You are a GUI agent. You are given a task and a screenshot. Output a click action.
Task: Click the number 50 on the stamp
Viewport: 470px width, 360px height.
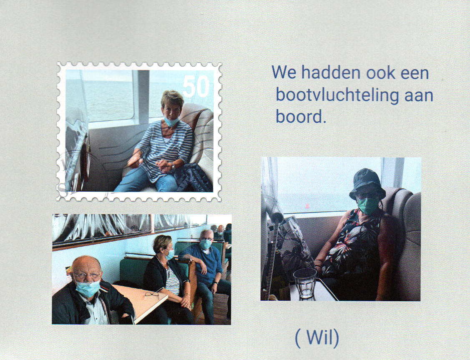(x=196, y=86)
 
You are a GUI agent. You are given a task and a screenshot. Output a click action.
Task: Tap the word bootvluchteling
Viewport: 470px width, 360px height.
(x=337, y=95)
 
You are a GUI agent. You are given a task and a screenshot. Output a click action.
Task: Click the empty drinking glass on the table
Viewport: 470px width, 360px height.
(x=305, y=283)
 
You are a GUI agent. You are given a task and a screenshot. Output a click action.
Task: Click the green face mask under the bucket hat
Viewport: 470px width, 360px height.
(x=367, y=205)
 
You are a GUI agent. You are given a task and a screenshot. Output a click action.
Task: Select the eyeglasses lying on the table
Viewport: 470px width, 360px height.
(x=152, y=294)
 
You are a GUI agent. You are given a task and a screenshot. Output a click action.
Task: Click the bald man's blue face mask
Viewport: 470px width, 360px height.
(x=88, y=288)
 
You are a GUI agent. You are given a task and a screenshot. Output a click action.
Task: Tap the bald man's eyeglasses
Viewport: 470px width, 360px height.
(x=87, y=275)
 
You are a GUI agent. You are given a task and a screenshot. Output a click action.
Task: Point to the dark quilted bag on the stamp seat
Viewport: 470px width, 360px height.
(x=194, y=177)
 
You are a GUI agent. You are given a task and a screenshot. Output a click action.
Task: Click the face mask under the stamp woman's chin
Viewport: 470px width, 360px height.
(x=171, y=121)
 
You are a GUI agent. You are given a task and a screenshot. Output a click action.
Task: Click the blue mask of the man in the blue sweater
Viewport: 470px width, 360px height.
(x=205, y=244)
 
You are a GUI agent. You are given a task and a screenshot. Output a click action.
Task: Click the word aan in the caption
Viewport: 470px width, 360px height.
(x=419, y=95)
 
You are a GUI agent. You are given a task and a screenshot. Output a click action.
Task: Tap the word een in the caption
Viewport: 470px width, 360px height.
(x=415, y=73)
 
